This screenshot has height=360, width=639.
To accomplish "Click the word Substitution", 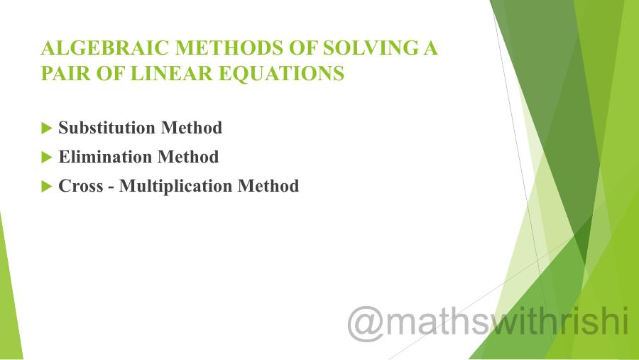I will (107, 128).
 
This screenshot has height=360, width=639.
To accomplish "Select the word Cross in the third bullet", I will (80, 186).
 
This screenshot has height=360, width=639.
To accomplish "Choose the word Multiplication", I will (176, 186).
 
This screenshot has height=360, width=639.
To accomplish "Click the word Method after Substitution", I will (192, 128).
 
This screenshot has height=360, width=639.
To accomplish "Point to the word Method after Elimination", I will (188, 156).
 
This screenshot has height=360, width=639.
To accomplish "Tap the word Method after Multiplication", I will (268, 186).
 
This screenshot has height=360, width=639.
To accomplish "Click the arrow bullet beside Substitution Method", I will (47, 129).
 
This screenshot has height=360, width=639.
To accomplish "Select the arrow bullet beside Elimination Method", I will (47, 157).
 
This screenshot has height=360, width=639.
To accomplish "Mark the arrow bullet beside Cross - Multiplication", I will (47, 187).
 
